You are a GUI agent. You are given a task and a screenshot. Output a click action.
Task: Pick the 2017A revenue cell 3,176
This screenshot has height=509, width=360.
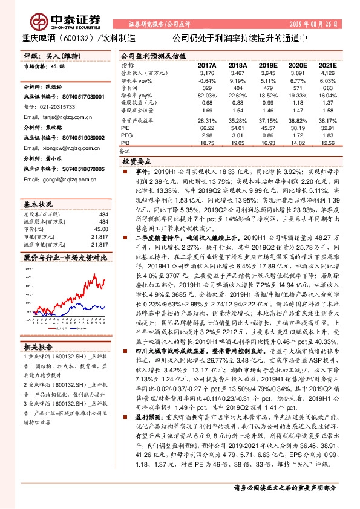coord(207,73)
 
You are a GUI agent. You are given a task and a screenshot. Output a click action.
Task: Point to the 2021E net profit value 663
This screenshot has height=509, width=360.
coord(327,88)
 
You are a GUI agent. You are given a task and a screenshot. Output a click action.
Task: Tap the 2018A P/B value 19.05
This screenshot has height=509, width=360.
coord(237,144)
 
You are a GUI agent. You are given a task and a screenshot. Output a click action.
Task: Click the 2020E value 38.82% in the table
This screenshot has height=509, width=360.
coord(298,122)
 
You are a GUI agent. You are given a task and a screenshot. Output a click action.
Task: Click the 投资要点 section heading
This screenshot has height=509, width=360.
coord(137,163)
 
